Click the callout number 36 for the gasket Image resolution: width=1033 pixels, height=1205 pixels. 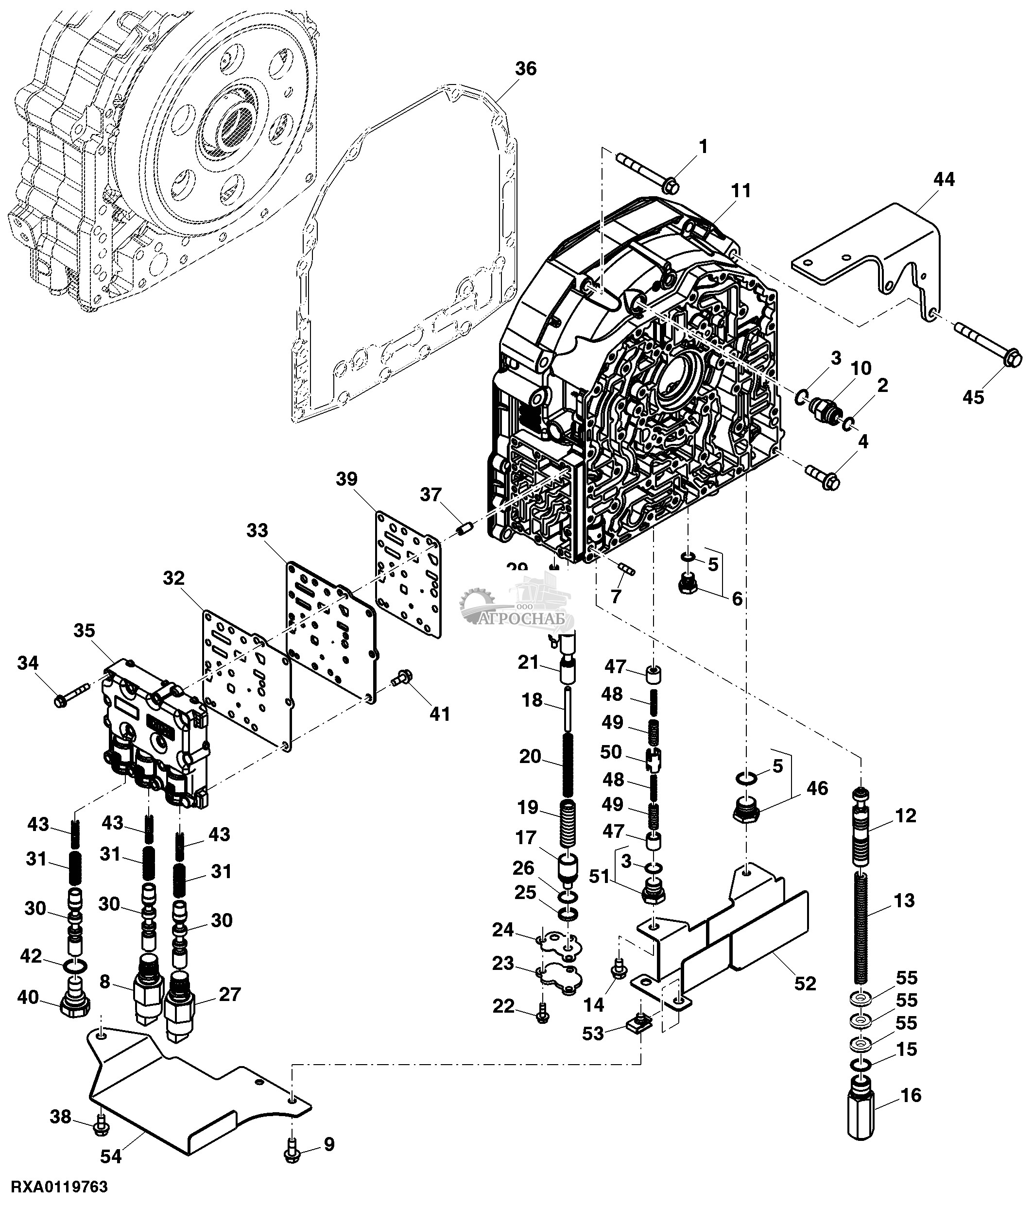click(525, 68)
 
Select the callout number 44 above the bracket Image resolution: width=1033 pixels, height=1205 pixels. click(944, 180)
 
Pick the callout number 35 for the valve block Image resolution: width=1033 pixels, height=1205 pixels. click(85, 631)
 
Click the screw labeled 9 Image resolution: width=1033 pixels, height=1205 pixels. click(293, 1153)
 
